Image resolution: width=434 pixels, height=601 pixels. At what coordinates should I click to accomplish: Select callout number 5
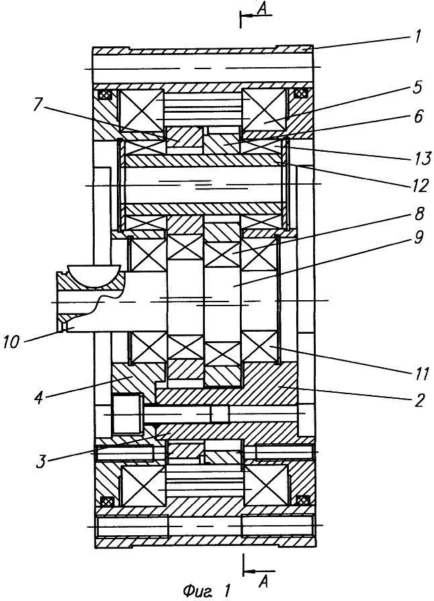click(419, 87)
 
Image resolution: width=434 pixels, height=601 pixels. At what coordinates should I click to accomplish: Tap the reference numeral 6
click(419, 116)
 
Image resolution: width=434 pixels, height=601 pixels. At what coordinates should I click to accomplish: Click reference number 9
click(419, 237)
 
